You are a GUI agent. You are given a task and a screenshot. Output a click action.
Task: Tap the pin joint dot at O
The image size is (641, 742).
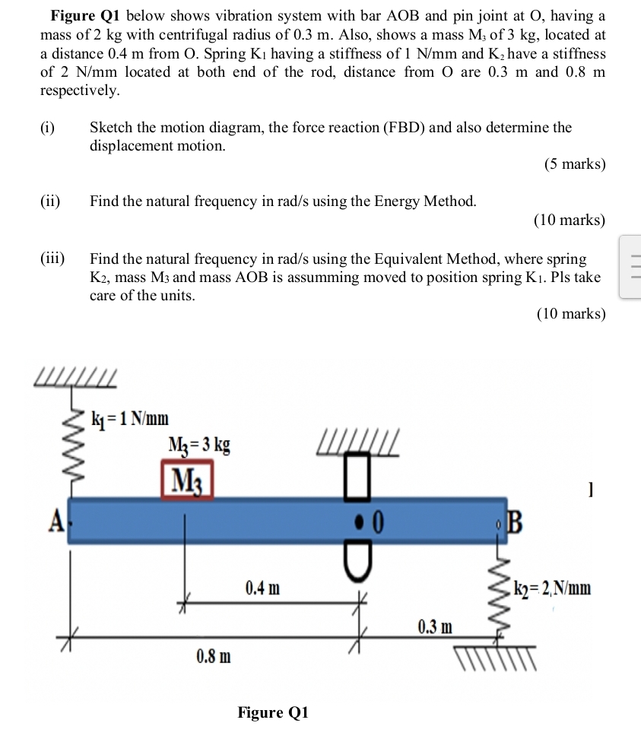click(360, 522)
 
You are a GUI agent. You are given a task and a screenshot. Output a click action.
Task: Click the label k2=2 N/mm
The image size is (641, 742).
click(551, 588)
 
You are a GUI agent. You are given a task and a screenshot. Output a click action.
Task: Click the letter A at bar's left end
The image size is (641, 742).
click(55, 522)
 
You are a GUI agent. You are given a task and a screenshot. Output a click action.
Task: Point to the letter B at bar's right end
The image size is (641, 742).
click(516, 524)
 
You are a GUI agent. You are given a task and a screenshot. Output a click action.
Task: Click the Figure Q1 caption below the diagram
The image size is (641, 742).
click(273, 712)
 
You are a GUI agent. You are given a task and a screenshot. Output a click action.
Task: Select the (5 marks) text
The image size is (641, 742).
click(575, 164)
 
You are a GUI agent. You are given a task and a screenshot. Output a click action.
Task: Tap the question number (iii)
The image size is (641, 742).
click(52, 259)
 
